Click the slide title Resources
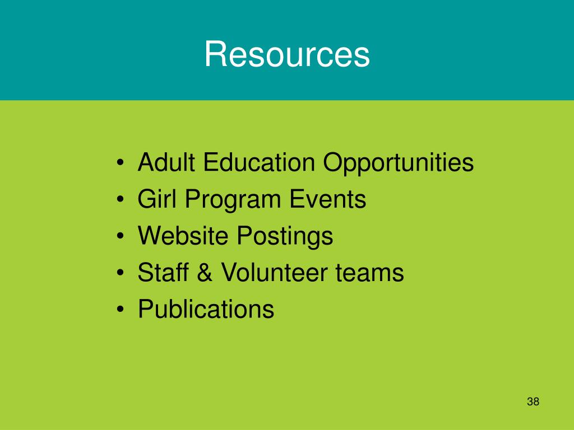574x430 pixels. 287,55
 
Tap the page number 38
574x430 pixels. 533,401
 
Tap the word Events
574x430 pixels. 328,199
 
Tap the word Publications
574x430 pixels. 206,309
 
